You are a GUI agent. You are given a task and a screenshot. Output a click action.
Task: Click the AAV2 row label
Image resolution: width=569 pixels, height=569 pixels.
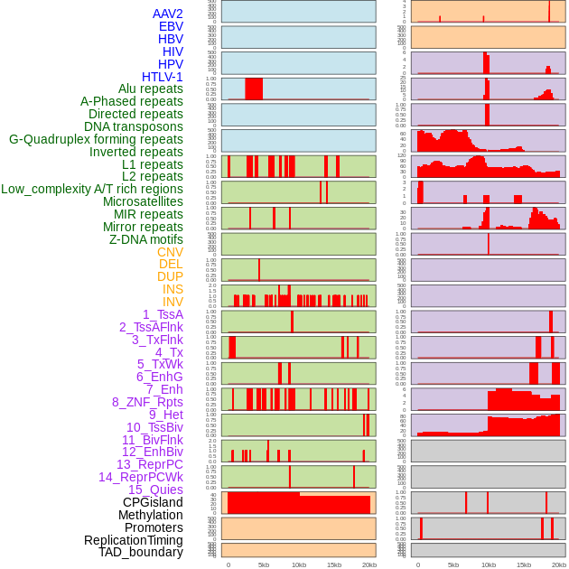click(167, 14)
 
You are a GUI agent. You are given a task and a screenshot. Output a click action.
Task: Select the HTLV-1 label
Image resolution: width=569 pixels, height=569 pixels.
click(162, 77)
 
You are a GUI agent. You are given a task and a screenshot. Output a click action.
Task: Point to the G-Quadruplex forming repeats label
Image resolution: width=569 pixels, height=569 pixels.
click(96, 139)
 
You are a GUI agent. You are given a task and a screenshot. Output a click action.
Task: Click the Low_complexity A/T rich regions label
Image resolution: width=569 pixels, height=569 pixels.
click(92, 189)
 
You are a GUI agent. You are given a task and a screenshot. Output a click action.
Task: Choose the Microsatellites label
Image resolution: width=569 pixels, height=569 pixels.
click(143, 201)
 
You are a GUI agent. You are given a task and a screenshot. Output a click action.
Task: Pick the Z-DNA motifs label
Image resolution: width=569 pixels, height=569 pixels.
click(146, 239)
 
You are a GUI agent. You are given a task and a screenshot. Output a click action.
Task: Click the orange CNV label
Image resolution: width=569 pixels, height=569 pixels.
click(170, 252)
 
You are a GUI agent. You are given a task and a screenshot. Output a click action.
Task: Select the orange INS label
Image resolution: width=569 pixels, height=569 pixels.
click(173, 289)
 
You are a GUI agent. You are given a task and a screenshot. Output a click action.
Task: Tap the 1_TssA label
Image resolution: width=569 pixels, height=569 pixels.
click(163, 314)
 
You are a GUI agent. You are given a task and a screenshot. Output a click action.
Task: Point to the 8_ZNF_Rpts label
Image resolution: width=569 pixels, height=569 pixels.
click(147, 402)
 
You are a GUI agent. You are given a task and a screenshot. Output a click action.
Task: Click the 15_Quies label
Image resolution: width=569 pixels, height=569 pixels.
click(155, 490)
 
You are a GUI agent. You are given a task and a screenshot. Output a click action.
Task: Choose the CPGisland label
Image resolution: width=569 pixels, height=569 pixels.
click(153, 502)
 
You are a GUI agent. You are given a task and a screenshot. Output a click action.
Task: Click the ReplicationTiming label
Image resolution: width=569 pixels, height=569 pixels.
click(133, 540)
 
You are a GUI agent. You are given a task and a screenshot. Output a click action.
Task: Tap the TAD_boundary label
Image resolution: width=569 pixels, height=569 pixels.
click(140, 552)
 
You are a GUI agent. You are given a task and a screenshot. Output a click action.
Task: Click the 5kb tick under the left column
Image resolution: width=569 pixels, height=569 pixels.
click(264, 564)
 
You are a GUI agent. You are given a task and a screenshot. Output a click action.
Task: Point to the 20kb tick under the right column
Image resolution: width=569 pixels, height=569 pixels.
click(559, 564)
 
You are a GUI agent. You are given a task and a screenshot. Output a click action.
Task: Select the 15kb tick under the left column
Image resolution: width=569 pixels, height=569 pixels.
click(334, 564)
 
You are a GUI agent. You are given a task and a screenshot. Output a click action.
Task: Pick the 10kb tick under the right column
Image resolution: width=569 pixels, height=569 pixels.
click(489, 564)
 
